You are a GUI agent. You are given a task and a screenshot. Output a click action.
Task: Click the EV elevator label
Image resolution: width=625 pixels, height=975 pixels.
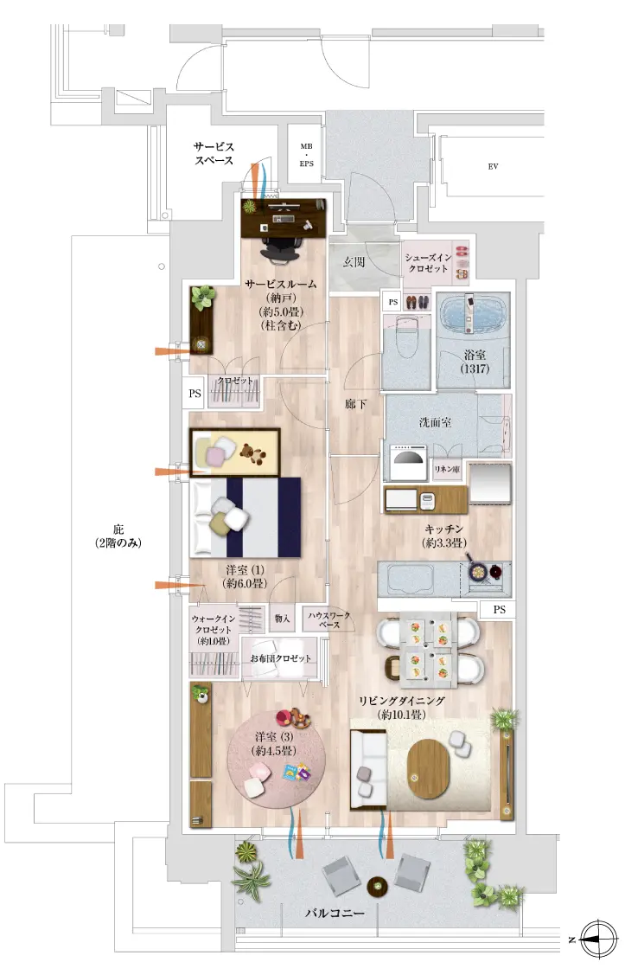493,167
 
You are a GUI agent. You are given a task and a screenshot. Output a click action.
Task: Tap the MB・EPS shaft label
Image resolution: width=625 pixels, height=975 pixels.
306,155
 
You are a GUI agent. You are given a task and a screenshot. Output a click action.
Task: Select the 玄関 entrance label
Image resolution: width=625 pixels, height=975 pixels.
354,262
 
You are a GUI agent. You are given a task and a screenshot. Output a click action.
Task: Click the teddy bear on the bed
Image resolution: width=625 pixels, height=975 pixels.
253,453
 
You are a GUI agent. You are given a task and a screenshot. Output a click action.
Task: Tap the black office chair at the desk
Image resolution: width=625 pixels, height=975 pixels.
284,245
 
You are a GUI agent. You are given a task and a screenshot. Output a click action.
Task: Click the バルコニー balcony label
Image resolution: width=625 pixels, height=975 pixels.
335,913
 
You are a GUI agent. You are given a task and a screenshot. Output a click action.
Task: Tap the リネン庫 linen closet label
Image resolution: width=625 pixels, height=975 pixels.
447,470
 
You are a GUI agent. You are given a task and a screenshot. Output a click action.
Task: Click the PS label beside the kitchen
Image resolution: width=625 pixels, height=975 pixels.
499,609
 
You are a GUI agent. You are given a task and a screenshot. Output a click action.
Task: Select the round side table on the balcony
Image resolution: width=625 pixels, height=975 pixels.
377,886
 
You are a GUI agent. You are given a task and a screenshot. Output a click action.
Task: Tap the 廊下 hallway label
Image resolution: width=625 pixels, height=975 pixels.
355,404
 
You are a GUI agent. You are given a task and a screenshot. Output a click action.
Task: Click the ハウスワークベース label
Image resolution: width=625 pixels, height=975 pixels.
329,619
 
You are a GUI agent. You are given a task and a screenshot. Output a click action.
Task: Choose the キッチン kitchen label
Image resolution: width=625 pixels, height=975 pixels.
443,536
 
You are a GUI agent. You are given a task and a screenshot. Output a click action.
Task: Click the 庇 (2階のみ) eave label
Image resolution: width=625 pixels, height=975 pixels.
118,536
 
